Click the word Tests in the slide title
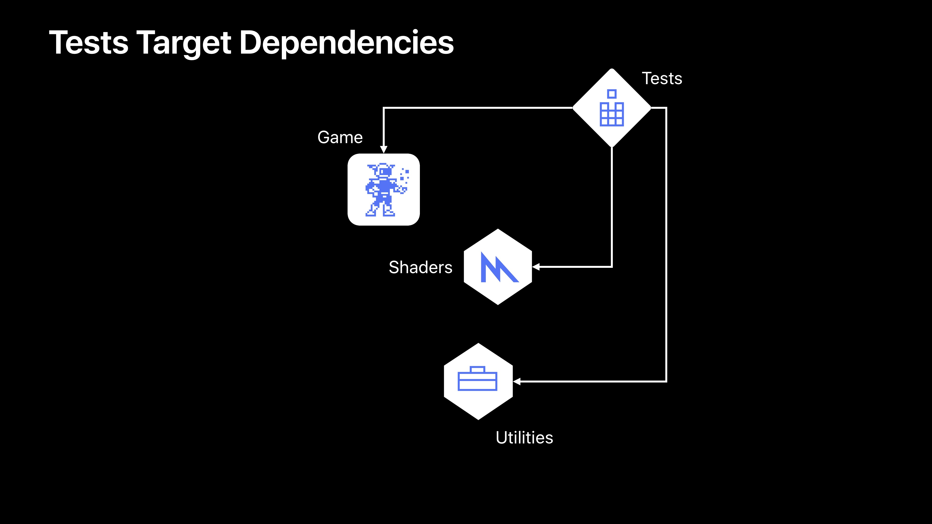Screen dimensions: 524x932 [89, 43]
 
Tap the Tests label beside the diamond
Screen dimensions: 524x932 [662, 78]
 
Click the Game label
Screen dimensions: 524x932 [340, 137]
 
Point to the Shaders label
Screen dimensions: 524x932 [420, 267]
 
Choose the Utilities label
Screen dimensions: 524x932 [524, 438]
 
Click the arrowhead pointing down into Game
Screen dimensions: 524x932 [383, 149]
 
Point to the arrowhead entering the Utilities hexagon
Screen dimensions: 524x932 [517, 382]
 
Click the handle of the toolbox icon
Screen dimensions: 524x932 [478, 369]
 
